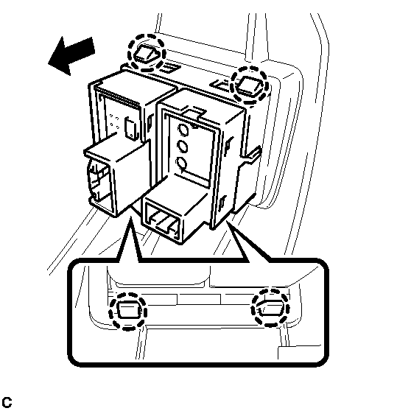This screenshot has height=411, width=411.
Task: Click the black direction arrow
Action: (x=71, y=55)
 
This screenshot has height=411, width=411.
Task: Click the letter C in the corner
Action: (x=7, y=402)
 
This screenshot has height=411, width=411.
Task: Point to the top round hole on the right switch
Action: (x=183, y=130)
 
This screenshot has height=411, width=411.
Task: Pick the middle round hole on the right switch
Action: (x=182, y=147)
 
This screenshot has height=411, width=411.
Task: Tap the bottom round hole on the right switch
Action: (x=182, y=163)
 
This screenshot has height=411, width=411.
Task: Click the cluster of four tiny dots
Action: (x=115, y=122)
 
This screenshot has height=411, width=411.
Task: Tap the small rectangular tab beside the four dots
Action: (x=131, y=128)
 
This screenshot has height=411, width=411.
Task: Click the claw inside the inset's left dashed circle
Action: (x=128, y=310)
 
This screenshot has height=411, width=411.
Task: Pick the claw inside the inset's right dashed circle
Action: (x=270, y=309)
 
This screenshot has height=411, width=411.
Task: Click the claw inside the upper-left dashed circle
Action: (x=147, y=55)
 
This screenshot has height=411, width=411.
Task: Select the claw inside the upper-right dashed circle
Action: (x=250, y=85)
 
